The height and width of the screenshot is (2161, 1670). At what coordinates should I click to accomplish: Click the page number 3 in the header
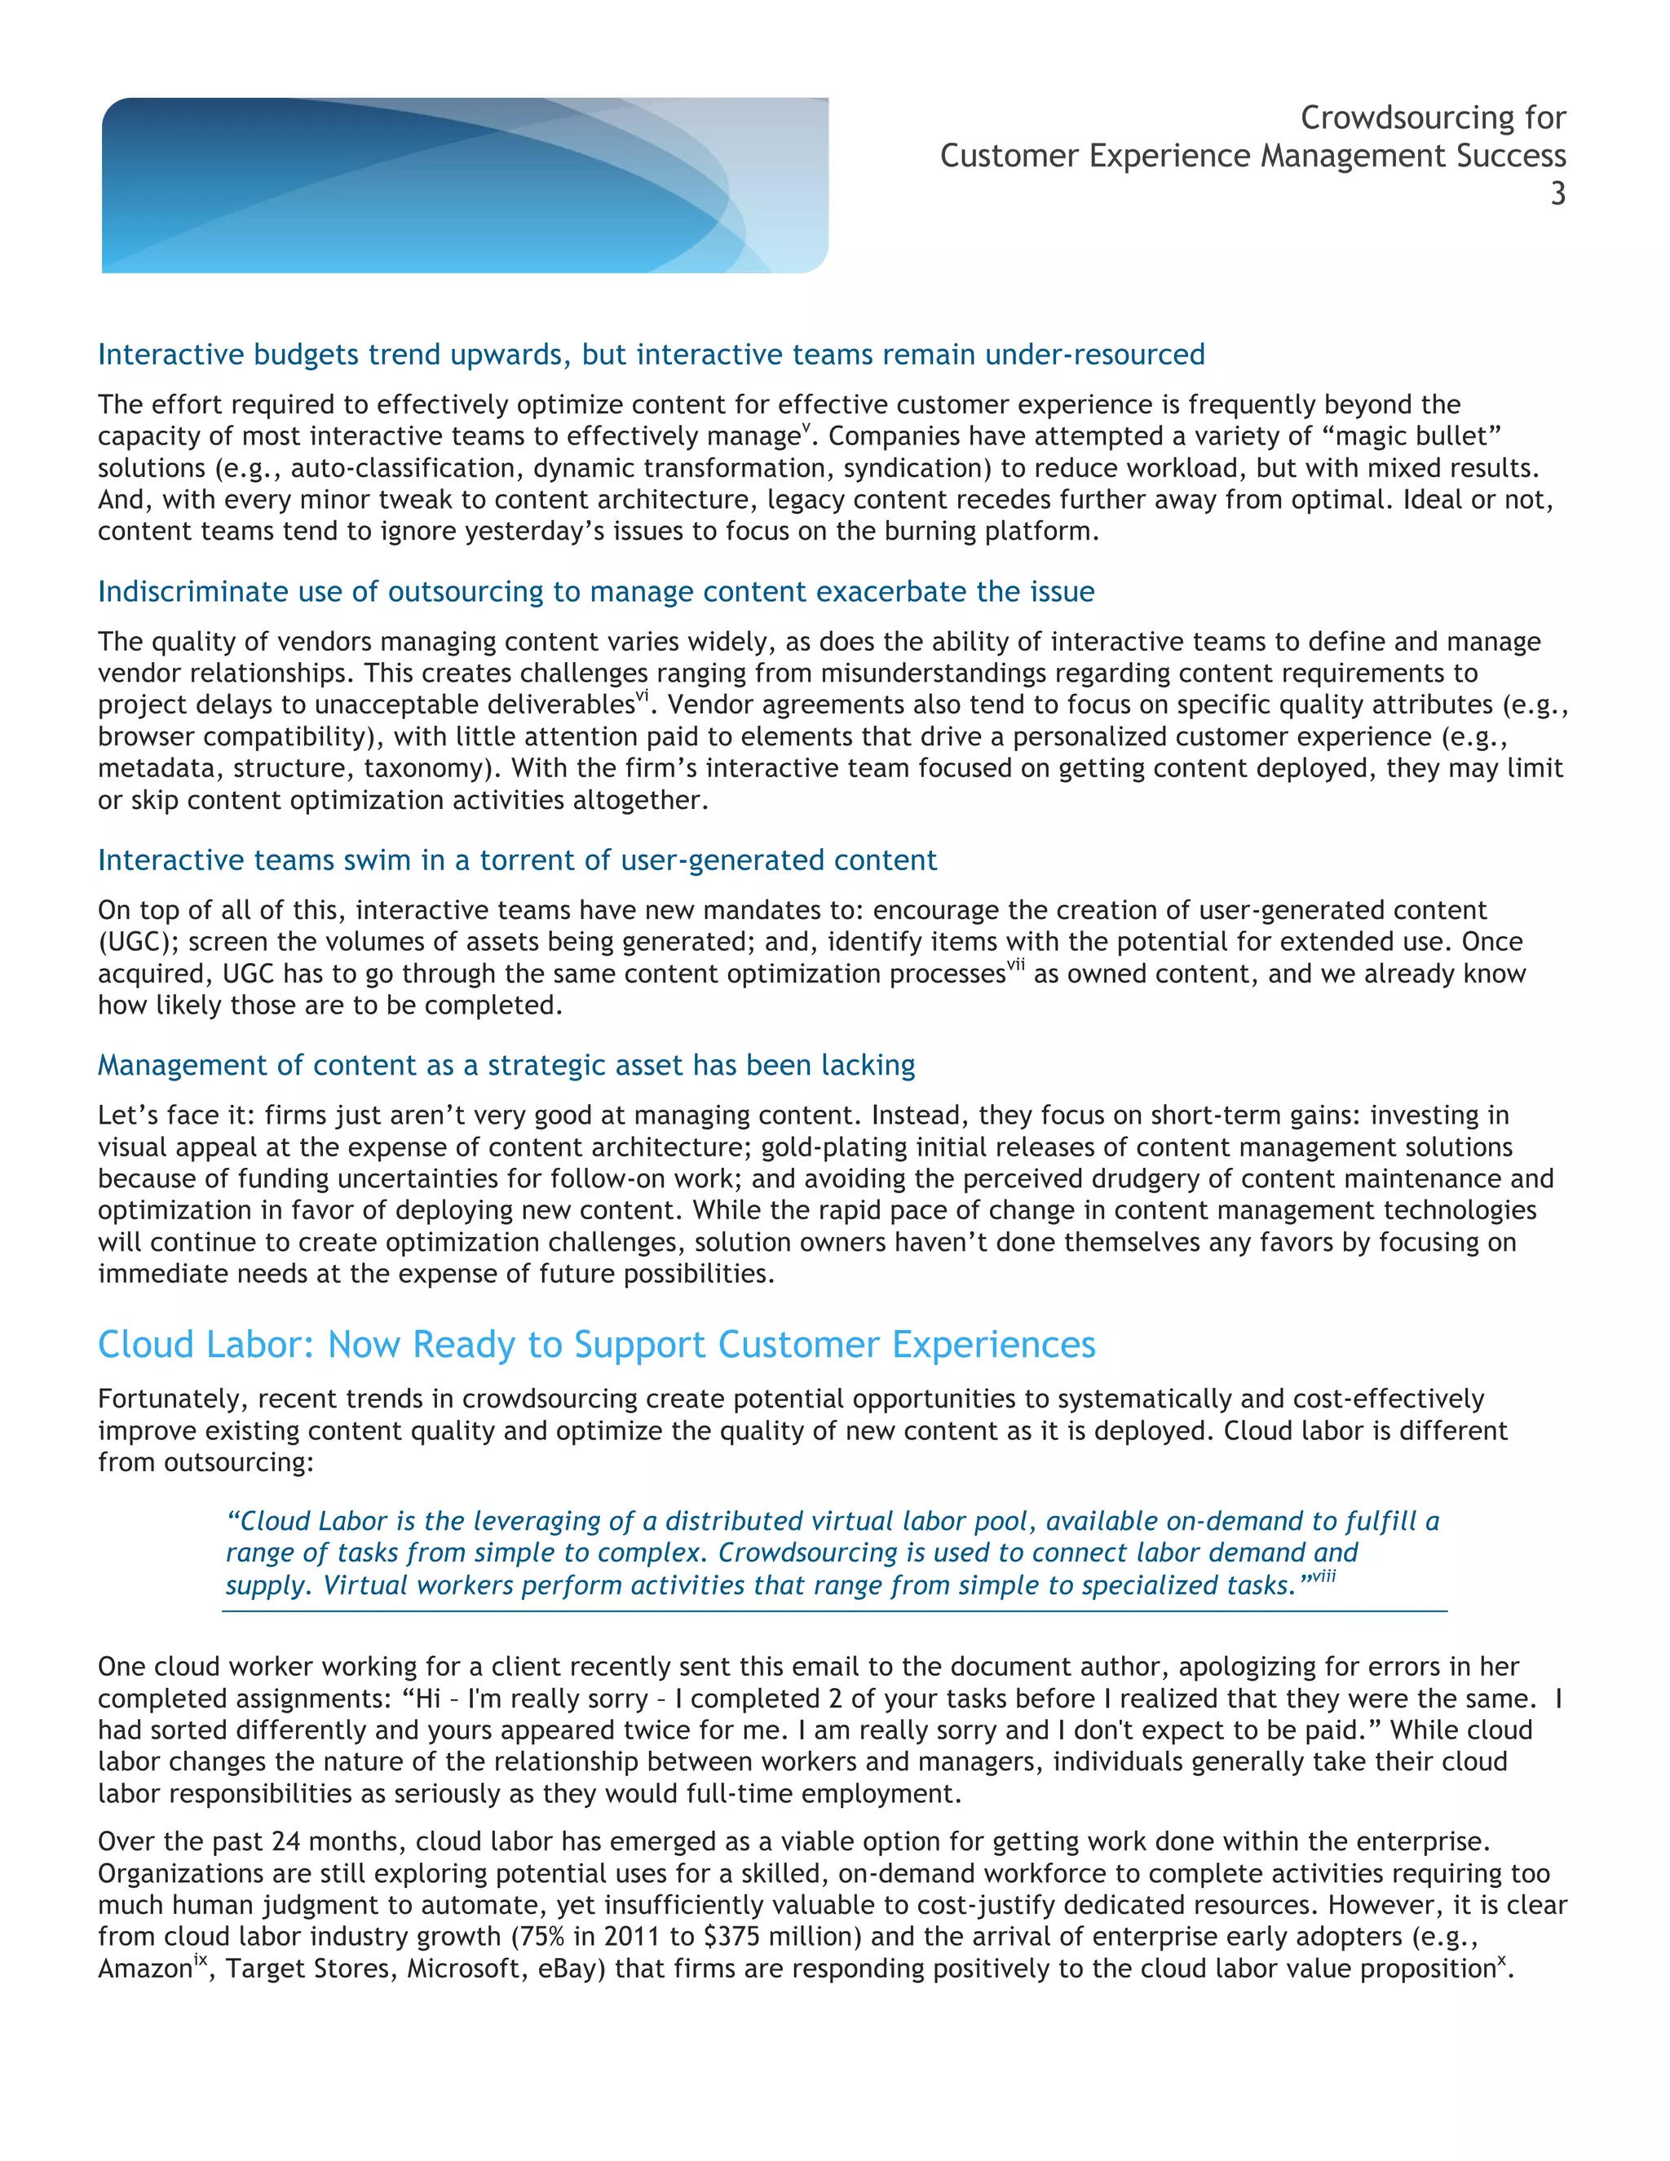[1557, 194]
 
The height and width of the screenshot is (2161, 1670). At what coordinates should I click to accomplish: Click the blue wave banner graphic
[465, 185]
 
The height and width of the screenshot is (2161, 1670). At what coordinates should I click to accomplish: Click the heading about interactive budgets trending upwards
[651, 354]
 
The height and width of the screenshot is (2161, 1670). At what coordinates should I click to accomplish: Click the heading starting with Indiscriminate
[595, 592]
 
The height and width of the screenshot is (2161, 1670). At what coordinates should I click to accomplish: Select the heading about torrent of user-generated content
[516, 860]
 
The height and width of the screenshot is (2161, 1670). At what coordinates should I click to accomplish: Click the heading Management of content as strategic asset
[506, 1065]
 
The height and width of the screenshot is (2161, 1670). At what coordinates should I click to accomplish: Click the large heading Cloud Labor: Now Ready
[595, 1345]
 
